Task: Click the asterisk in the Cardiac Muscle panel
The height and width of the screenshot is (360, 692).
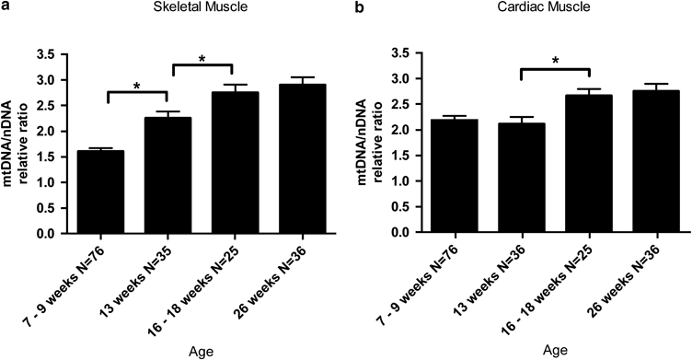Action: [x=555, y=62]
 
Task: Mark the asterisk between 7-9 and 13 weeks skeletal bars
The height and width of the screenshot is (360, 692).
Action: [x=136, y=87]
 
